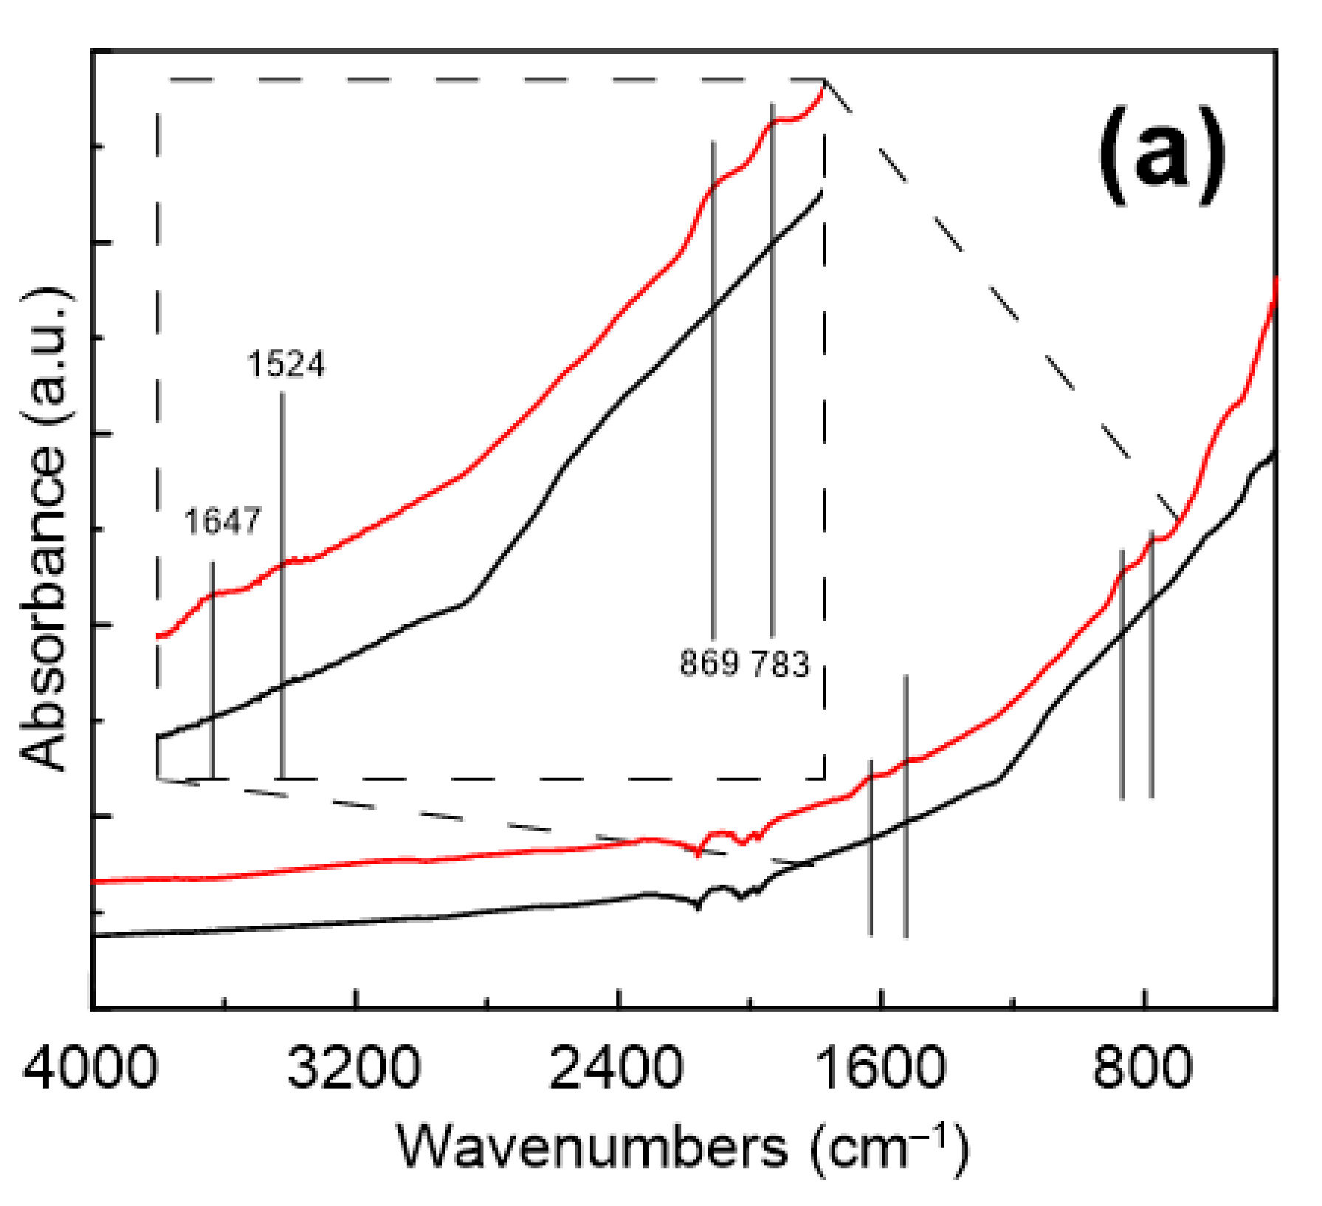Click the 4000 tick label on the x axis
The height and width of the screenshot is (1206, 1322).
click(90, 1067)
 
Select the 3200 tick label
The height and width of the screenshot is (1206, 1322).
click(354, 1067)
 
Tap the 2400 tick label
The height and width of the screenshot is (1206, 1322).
click(616, 1067)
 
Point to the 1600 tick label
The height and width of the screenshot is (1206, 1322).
click(880, 1067)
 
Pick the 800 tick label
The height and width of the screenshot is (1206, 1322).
click(1143, 1067)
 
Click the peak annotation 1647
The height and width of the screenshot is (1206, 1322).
click(222, 521)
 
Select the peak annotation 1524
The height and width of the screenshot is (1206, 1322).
click(286, 365)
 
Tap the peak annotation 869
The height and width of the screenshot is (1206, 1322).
click(709, 662)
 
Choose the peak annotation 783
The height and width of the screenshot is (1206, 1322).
click(781, 662)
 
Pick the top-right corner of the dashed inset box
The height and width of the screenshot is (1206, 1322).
click(824, 79)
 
